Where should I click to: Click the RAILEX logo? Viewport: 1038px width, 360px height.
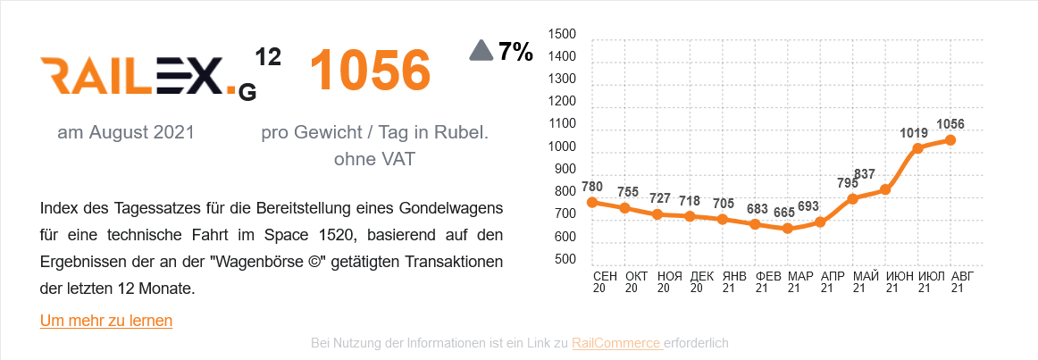(147, 76)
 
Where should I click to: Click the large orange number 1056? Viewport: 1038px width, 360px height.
(370, 71)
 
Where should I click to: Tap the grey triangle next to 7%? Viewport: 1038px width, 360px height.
(481, 51)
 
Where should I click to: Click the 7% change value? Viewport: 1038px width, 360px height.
(515, 52)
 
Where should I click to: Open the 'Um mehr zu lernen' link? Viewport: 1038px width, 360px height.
(106, 320)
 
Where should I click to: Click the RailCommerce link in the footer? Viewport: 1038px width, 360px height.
(617, 343)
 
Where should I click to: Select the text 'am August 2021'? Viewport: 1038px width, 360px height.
(126, 132)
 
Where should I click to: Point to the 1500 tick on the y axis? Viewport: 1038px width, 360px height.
(562, 34)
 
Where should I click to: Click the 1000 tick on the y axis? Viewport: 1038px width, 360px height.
(562, 147)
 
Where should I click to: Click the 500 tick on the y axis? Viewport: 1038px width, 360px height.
(562, 260)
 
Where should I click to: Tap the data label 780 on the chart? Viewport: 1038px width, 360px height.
(592, 187)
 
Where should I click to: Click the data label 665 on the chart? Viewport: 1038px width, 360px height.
(783, 213)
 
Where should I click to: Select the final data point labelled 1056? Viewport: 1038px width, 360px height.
(950, 140)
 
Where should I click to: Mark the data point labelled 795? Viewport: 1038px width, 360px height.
(852, 198)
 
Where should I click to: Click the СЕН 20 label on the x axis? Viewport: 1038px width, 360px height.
(605, 282)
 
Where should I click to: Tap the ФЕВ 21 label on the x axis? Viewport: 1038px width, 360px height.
(767, 282)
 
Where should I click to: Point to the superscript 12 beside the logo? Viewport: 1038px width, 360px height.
(268, 58)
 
